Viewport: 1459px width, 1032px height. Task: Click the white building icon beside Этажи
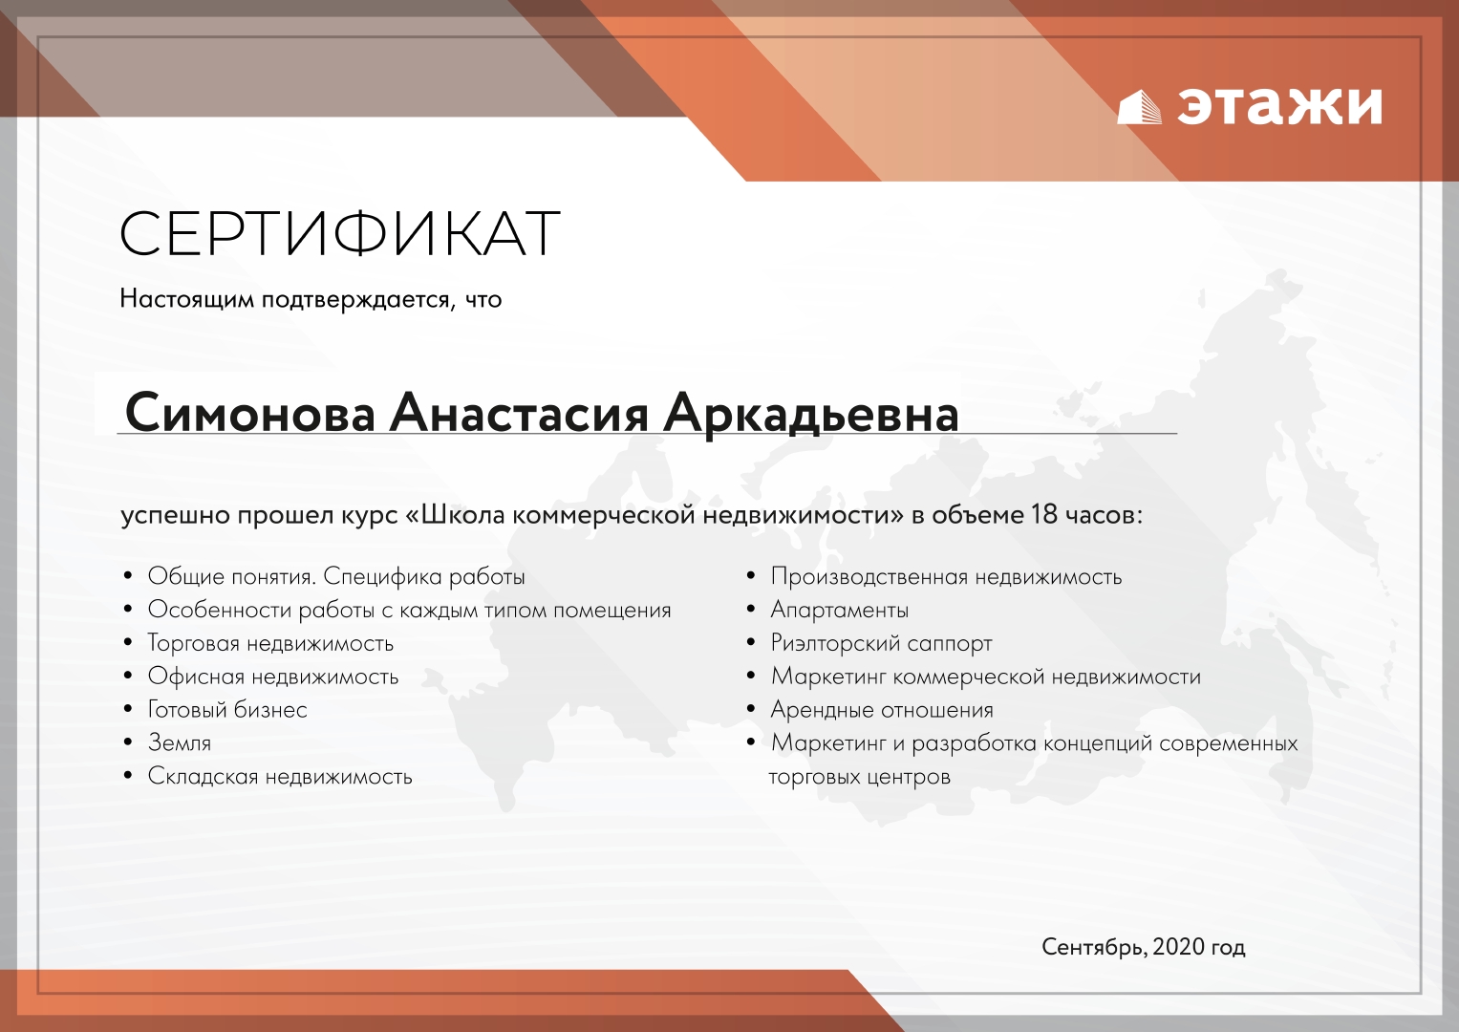1139,107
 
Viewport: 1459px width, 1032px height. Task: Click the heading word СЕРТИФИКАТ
339,232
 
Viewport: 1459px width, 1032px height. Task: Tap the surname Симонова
250,413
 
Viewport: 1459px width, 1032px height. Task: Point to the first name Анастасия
519,413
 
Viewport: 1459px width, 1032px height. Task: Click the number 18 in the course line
1044,515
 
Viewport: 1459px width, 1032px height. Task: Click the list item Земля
179,742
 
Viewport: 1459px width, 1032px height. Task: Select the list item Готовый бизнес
227,709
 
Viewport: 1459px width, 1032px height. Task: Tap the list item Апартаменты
839,610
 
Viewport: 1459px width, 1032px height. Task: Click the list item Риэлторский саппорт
881,643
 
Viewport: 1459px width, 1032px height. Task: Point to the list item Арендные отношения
882,709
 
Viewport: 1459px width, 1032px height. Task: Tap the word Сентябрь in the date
1094,947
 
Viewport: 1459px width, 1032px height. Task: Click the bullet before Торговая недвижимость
128,642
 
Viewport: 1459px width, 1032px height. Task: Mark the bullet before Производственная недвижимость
751,576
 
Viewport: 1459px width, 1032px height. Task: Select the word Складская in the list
204,776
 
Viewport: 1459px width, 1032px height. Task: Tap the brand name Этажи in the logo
1279,105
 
